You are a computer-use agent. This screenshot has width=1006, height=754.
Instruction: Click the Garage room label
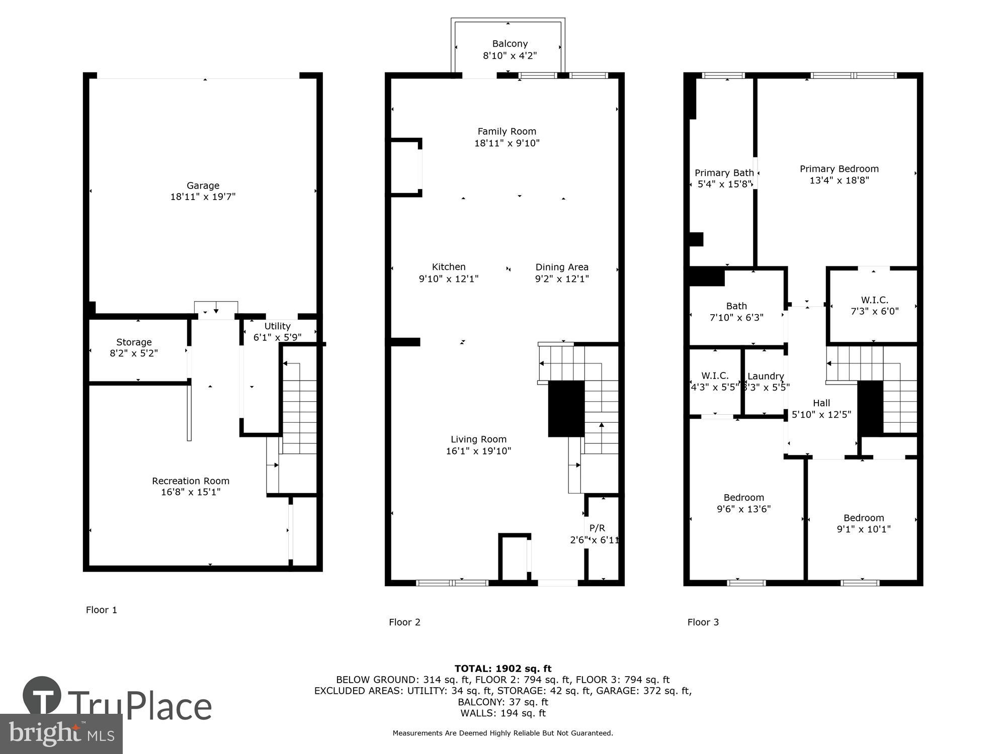203,185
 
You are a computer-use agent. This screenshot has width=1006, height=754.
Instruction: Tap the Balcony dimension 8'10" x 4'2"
510,56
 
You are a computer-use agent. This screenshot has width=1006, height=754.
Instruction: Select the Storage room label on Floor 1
134,342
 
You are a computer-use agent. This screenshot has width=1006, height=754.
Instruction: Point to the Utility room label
277,326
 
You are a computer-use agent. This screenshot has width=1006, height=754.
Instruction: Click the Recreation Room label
191,481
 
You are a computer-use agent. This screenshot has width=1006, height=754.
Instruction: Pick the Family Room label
507,132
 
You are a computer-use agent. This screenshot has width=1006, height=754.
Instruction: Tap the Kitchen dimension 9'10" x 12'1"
448,279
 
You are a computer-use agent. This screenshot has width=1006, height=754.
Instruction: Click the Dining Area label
561,267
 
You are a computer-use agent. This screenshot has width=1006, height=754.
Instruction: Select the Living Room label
478,439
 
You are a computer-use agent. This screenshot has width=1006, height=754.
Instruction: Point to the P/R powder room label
597,528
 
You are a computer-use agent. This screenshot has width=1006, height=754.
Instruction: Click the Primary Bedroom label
839,169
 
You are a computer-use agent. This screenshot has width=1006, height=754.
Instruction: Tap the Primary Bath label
724,173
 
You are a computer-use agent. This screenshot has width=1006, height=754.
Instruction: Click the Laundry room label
766,376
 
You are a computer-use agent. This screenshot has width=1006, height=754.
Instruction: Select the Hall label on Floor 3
821,403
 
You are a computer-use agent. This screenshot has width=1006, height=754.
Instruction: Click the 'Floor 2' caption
404,622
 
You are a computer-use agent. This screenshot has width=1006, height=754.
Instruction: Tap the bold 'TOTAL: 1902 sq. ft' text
503,669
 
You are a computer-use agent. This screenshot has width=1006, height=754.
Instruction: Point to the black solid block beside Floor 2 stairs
566,409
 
